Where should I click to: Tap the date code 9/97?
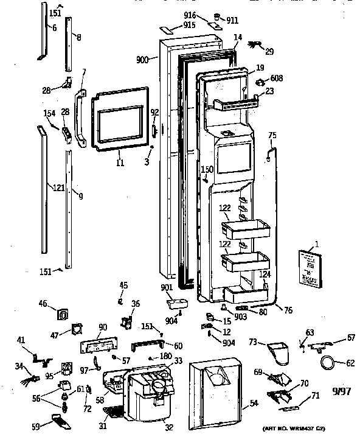[x=341, y=391]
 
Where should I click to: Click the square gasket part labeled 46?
[x=62, y=313]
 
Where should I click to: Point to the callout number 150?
[x=207, y=169]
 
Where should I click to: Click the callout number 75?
[x=272, y=135]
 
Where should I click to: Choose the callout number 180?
[x=165, y=357]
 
